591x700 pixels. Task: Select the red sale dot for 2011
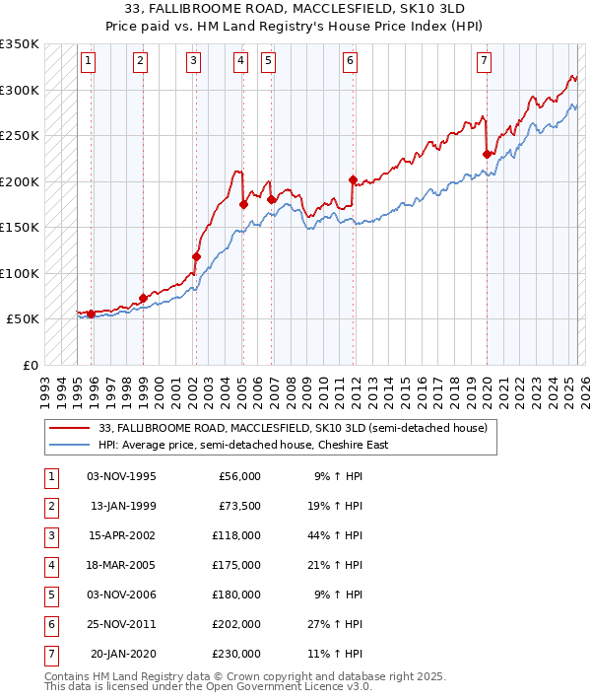pos(353,179)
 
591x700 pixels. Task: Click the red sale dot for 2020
pos(487,154)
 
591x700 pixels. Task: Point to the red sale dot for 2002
pos(196,256)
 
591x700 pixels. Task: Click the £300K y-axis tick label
pos(20,90)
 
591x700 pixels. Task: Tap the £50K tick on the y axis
pos(23,319)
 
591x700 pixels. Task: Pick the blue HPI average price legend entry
pos(243,445)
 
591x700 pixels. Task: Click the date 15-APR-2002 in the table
pos(121,535)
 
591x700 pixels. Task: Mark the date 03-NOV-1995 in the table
pos(121,476)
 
